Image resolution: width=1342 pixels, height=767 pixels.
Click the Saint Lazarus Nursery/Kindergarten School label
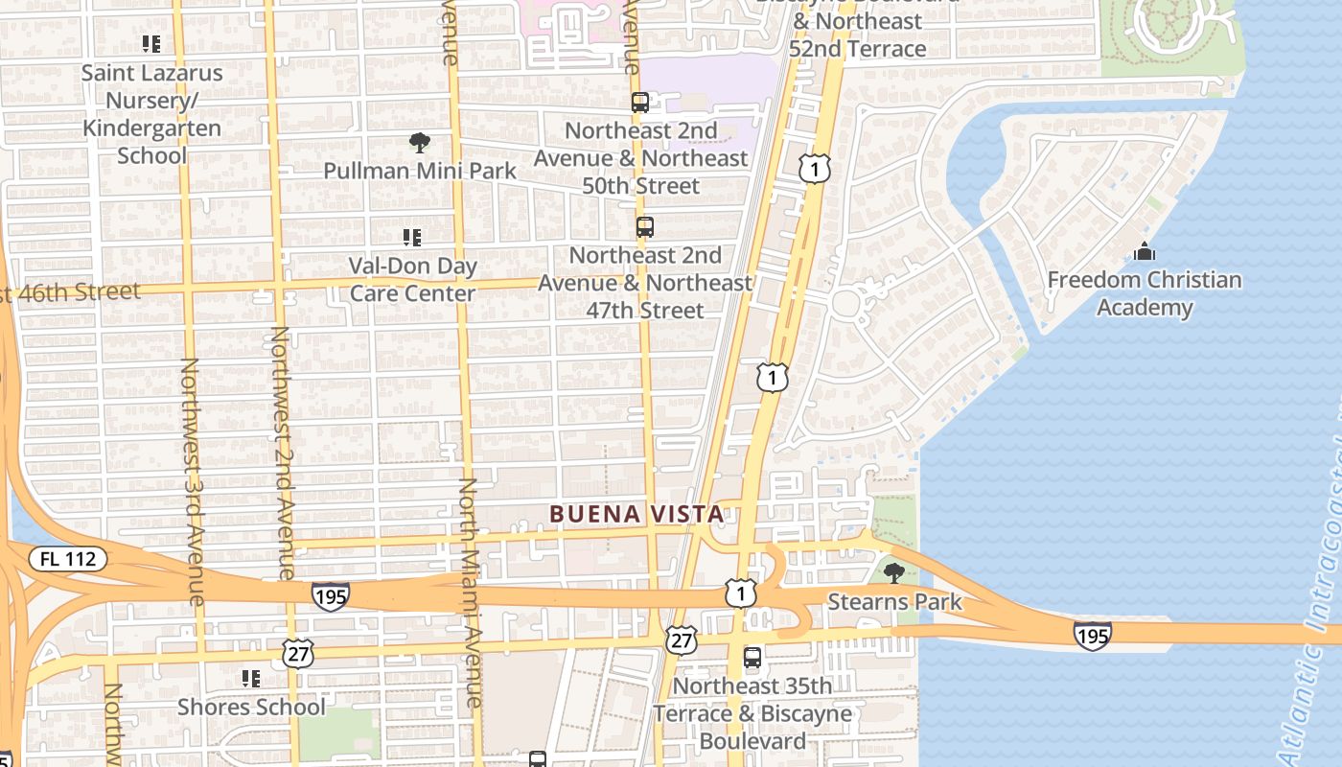[x=151, y=113]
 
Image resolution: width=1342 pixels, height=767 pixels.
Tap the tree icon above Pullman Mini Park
[x=419, y=144]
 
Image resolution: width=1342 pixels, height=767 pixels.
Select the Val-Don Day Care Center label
[x=412, y=279]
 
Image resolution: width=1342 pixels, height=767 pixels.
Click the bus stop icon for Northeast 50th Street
[x=640, y=102]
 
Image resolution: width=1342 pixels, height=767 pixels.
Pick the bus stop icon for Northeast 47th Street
[x=645, y=227]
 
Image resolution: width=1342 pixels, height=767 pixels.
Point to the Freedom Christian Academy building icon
[x=1144, y=252]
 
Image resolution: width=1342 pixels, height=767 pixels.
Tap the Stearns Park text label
[x=893, y=602]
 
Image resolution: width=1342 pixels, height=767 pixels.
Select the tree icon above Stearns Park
[x=893, y=573]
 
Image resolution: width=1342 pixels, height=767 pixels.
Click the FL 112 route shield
[x=68, y=559]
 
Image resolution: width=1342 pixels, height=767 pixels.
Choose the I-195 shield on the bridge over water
[x=1092, y=635]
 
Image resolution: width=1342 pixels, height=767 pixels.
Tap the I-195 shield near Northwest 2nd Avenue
[x=329, y=595]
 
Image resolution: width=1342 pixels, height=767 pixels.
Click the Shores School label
[x=251, y=707]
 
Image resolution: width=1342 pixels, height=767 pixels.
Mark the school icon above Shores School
[x=251, y=679]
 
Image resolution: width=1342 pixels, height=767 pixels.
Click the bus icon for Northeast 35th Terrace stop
[x=752, y=658]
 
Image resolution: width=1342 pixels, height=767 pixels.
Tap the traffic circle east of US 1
[x=845, y=303]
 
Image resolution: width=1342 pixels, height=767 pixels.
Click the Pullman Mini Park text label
[x=419, y=171]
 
